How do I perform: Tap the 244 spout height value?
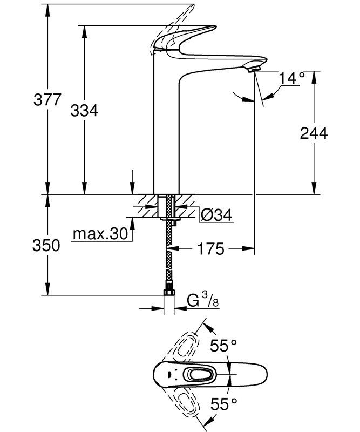coord(314,133)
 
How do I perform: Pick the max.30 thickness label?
coord(100,234)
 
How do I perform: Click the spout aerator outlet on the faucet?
coord(253,68)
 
